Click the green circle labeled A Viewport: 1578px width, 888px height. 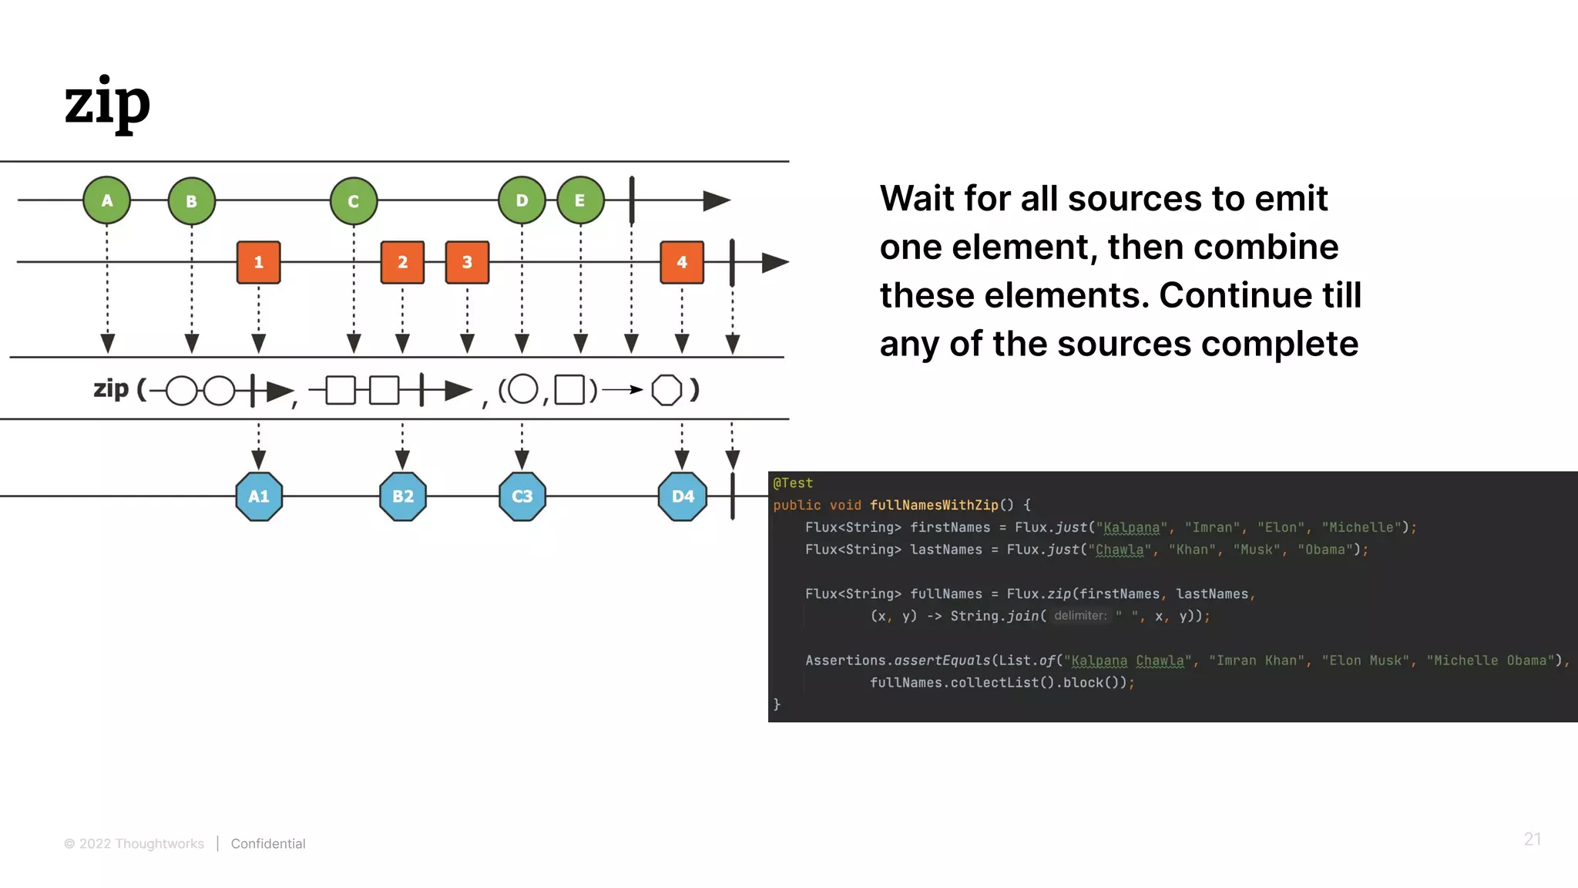coord(107,200)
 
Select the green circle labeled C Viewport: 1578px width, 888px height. coord(354,201)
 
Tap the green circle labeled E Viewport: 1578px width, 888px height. coord(580,200)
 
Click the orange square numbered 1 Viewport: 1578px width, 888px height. coord(259,262)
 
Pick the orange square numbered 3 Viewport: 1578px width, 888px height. coord(467,262)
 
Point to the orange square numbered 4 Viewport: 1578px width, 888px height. coord(682,262)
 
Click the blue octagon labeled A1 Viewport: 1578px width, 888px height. coord(259,496)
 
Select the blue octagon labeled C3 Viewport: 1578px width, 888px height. coord(522,496)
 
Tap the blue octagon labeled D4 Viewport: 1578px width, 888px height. coord(683,496)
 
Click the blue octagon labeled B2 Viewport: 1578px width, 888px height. coord(403,496)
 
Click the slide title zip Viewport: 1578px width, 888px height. coord(107,103)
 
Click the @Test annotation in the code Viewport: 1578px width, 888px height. coord(793,483)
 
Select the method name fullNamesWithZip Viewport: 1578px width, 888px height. coord(934,505)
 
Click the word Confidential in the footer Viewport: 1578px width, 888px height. coord(268,843)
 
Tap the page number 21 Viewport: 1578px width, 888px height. coord(1532,839)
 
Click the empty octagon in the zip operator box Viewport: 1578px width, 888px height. coord(666,390)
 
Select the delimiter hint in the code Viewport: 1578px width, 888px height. coord(1079,616)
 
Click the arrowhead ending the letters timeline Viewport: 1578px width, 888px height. coord(717,201)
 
